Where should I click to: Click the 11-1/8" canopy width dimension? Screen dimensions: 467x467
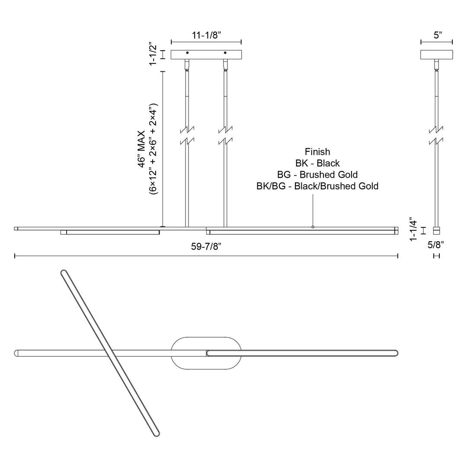[206, 35]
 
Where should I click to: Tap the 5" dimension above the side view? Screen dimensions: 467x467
[438, 35]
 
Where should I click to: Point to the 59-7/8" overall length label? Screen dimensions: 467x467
[206, 246]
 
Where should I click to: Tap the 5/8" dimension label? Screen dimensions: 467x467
[436, 245]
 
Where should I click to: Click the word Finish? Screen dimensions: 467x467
[317, 152]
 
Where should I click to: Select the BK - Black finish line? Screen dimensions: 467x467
[317, 163]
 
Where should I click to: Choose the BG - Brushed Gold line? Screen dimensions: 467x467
[317, 175]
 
